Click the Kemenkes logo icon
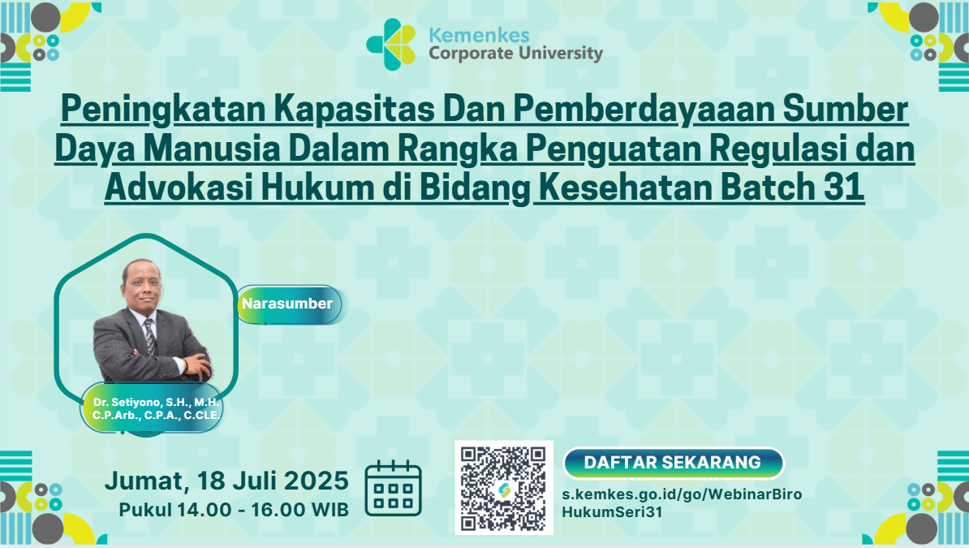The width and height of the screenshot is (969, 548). [390, 44]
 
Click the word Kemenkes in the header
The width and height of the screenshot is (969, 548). [479, 35]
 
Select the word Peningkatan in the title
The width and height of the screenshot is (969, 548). [163, 110]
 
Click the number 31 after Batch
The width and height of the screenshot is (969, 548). [843, 188]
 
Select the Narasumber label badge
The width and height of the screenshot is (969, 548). [289, 304]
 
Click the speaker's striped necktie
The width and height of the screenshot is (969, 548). [150, 336]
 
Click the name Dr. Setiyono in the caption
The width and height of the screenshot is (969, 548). [127, 402]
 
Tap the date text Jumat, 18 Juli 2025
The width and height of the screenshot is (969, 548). [226, 481]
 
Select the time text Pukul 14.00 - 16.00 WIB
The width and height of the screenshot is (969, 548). [234, 510]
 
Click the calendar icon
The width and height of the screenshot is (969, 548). [393, 489]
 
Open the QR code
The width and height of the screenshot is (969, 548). [504, 488]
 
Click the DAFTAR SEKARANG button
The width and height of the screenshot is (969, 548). [673, 463]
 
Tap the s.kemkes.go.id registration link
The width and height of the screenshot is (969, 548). [682, 503]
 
